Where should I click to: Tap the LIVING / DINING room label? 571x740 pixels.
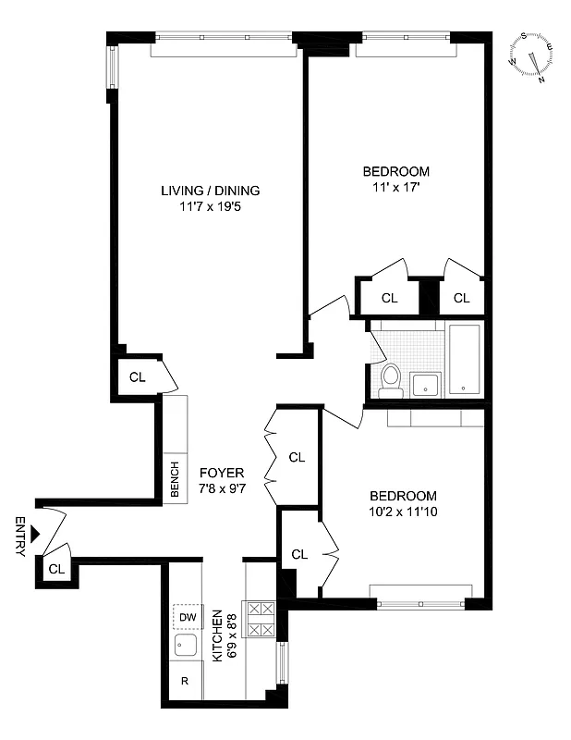tap(211, 191)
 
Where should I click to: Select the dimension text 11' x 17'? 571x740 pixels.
tap(395, 188)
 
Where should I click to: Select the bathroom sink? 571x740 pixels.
tap(426, 383)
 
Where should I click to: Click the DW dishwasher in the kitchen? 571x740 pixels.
tap(188, 617)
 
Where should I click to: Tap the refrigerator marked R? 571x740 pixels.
tap(185, 682)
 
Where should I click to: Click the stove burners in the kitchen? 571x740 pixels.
tap(261, 619)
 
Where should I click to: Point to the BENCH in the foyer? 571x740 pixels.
tap(175, 479)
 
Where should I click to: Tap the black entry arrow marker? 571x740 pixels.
tap(35, 534)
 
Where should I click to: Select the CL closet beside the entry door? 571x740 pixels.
tap(55, 570)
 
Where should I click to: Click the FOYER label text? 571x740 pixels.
tap(222, 473)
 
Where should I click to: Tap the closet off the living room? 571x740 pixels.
tap(138, 376)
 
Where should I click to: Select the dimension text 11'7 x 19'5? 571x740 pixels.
tap(211, 206)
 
